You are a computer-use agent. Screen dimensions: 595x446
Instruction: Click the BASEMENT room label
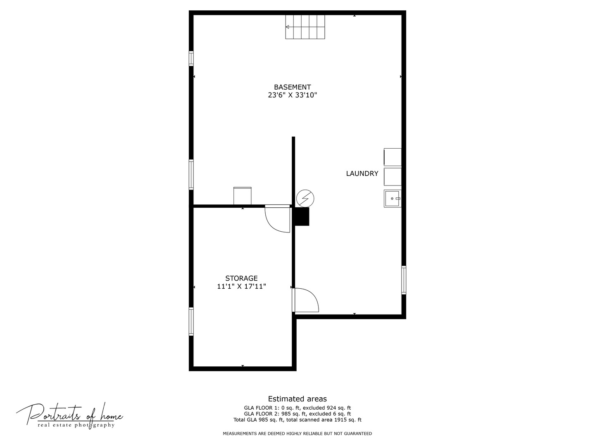tap(292, 87)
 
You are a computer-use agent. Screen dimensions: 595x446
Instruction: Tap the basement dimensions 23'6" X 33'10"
tap(292, 95)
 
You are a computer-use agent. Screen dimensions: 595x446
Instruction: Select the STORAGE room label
tap(241, 278)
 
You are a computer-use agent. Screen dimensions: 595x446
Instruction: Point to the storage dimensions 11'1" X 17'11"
tap(241, 287)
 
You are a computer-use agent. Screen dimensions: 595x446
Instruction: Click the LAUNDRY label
tap(362, 173)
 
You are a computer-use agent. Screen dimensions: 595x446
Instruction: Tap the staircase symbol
tap(305, 27)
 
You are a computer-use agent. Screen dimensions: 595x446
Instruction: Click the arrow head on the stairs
tap(287, 27)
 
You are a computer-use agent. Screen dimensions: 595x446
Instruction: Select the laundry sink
tap(392, 199)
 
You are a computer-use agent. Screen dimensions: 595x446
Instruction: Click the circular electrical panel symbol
tap(305, 199)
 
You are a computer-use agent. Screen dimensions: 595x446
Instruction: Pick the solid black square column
tap(302, 217)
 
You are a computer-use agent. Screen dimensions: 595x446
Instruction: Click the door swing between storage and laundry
tap(305, 300)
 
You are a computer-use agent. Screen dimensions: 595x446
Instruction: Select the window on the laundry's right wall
tap(404, 280)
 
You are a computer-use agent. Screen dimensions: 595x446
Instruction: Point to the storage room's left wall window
tap(191, 321)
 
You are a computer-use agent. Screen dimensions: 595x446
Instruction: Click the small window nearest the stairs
tap(191, 59)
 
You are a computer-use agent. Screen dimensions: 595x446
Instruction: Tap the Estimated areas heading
tap(297, 399)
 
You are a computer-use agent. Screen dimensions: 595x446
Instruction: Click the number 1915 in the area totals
tap(340, 420)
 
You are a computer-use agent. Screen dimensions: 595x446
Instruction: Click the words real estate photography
tap(76, 425)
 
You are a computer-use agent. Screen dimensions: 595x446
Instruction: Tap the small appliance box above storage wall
tap(242, 196)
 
